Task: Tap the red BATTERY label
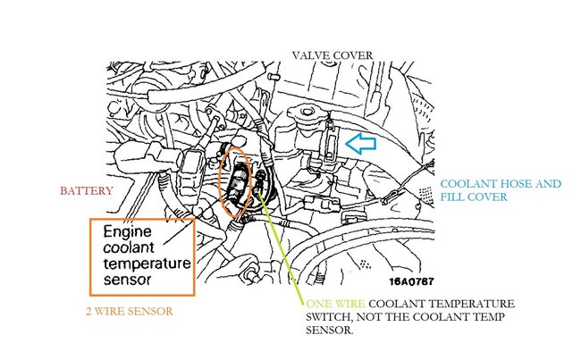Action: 86,191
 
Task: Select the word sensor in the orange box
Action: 124,280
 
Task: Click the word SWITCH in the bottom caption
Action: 331,316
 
